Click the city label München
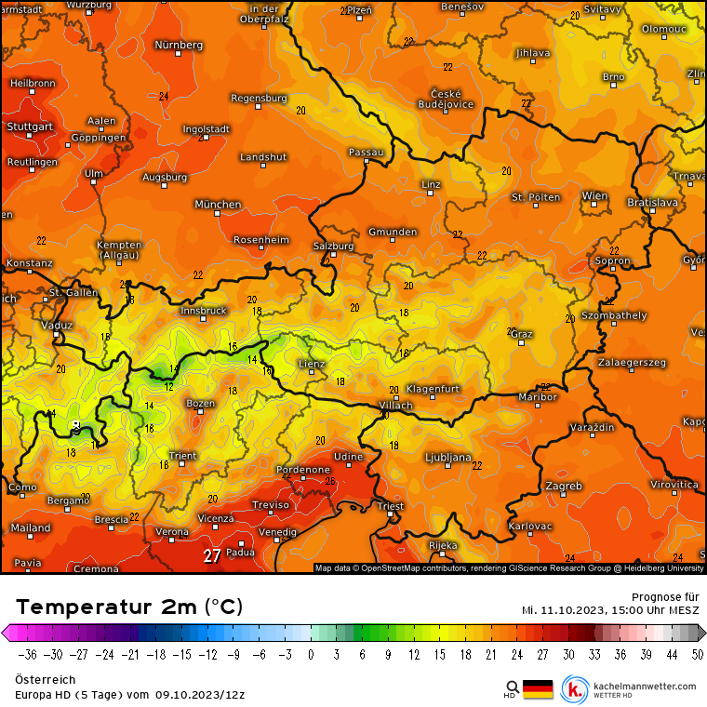[x=218, y=204]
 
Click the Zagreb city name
[x=564, y=486]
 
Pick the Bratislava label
[x=652, y=201]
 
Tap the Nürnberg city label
[x=179, y=45]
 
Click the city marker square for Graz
[x=522, y=342]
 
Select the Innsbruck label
[x=204, y=311]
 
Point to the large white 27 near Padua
[x=212, y=555]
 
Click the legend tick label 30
[x=567, y=654]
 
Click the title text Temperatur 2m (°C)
[x=129, y=607]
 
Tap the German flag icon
[x=538, y=688]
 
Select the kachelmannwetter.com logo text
[x=644, y=686]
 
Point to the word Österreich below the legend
[x=40, y=680]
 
